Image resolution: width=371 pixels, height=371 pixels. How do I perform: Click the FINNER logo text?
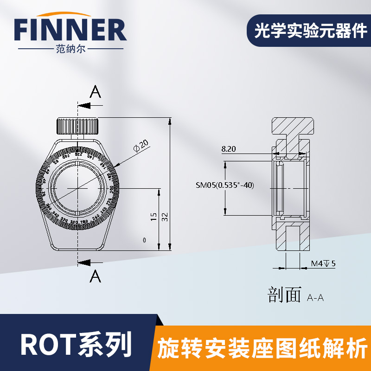[x=70, y=31]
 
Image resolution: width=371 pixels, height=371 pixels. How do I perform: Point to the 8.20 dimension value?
[x=229, y=149]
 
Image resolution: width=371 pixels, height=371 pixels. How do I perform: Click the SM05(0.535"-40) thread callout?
[x=225, y=185]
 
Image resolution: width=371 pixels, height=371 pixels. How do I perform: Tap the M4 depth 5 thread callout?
[x=323, y=264]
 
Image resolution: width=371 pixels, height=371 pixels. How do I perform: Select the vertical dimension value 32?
[x=165, y=217]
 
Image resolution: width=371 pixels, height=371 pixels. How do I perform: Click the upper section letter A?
[x=95, y=93]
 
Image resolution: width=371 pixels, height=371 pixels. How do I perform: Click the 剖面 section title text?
[x=284, y=294]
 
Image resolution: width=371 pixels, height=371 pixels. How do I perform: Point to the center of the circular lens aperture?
[x=77, y=187]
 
